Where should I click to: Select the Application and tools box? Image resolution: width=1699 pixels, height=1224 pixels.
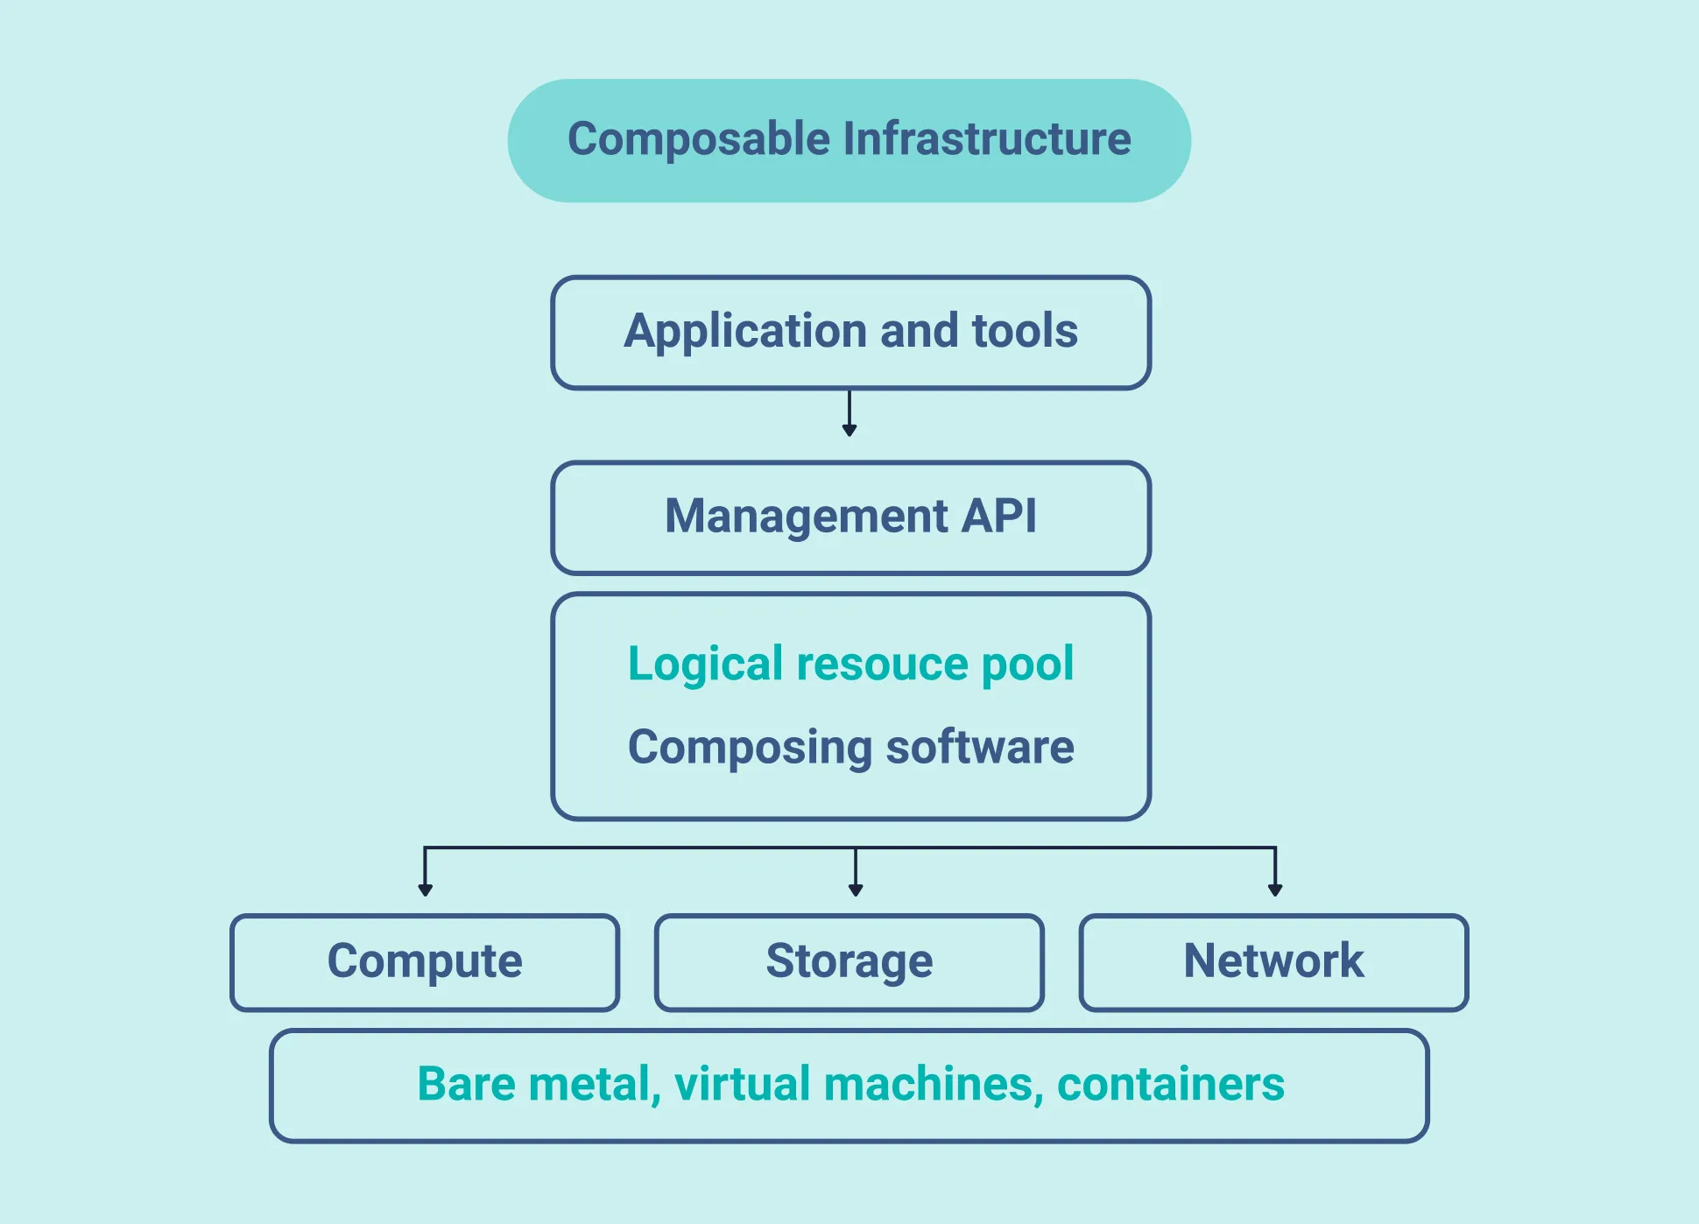(x=850, y=333)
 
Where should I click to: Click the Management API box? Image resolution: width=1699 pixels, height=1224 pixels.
(x=850, y=517)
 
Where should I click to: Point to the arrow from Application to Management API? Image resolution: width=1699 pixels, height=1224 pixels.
(x=849, y=414)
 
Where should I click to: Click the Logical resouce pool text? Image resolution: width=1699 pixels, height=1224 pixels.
(x=850, y=664)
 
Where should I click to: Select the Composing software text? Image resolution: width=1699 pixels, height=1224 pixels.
(x=850, y=748)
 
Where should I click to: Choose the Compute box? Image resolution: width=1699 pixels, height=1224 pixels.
(x=425, y=962)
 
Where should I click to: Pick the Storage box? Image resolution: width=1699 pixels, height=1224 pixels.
(x=849, y=962)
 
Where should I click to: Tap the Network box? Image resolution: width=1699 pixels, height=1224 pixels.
(x=1273, y=962)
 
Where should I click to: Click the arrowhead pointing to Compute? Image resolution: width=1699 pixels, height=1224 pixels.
(x=425, y=890)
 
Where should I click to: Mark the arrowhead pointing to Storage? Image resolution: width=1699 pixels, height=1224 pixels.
(x=856, y=890)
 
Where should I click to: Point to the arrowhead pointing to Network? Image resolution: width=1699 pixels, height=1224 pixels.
(x=1275, y=890)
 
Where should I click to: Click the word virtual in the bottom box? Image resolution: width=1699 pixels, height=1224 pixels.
(x=742, y=1084)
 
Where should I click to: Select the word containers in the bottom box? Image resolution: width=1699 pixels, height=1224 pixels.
(x=1170, y=1084)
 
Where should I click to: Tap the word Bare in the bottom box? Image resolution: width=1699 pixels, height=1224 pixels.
(x=466, y=1084)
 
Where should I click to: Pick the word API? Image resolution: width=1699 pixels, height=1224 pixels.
(x=999, y=516)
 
